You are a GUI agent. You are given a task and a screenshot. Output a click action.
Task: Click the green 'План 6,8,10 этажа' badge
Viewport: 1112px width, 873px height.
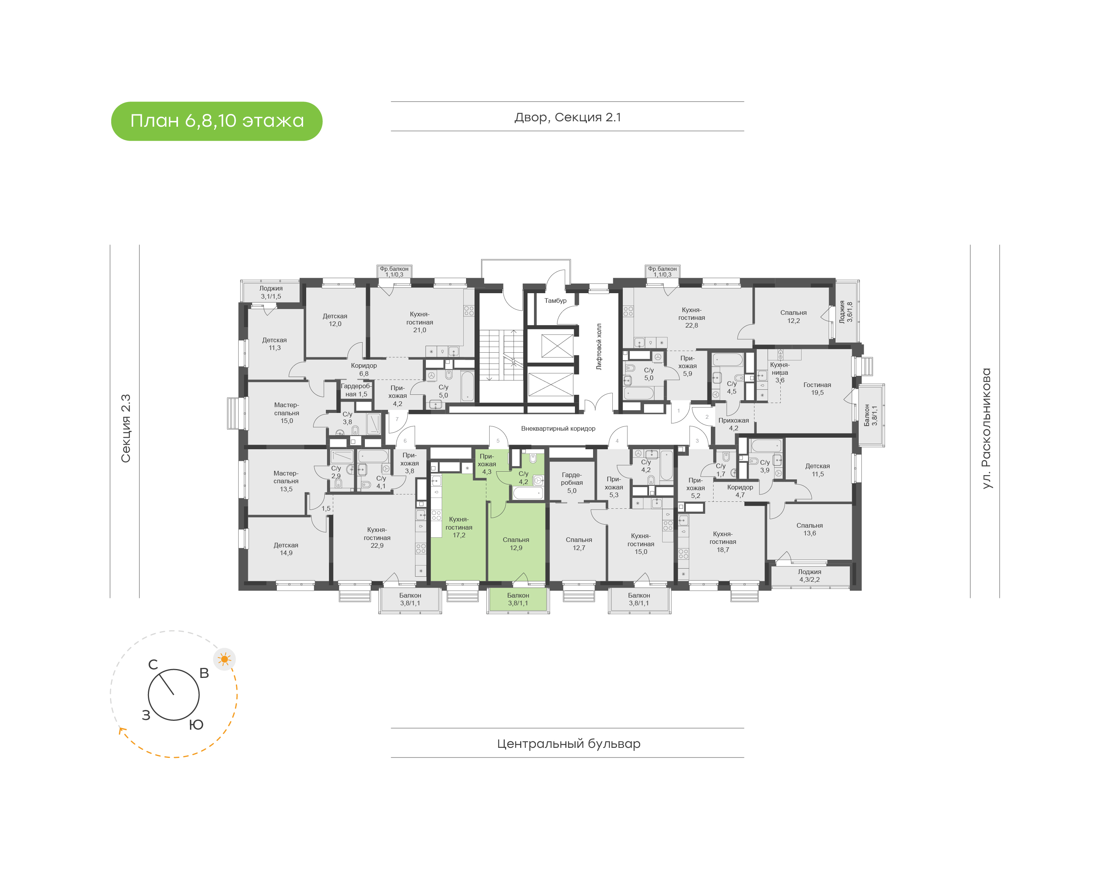tap(217, 121)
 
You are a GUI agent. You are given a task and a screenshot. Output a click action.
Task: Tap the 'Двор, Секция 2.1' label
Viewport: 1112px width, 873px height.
tap(568, 117)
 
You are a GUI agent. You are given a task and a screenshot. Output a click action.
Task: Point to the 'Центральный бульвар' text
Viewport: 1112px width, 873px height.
tap(568, 744)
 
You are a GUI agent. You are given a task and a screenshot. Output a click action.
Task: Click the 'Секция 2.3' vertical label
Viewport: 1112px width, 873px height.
tap(125, 428)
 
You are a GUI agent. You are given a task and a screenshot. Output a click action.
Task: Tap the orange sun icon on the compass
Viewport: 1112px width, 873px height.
tap(224, 659)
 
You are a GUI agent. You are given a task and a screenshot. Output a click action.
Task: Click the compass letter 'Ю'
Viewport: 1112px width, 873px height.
tap(196, 725)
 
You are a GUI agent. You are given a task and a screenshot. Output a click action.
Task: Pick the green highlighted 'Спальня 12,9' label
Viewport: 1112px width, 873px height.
tap(516, 544)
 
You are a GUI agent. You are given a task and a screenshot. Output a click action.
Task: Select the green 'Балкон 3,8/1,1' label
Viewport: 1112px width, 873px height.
tap(518, 599)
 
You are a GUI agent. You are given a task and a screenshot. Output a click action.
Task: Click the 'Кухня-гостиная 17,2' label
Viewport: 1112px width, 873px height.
tap(459, 527)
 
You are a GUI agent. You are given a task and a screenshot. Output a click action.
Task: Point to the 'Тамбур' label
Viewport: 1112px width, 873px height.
tap(555, 301)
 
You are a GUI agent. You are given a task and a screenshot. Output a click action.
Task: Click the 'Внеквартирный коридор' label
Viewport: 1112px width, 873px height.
tap(558, 428)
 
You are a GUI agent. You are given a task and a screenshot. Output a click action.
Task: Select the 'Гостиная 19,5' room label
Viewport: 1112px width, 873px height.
tap(817, 389)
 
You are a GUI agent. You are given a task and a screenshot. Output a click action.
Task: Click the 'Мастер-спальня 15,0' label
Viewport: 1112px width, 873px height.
tap(286, 413)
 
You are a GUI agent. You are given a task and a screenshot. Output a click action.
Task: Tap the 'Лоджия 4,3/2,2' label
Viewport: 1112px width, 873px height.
tap(810, 576)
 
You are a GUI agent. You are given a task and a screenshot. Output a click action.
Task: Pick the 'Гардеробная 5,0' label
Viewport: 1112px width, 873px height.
tap(571, 482)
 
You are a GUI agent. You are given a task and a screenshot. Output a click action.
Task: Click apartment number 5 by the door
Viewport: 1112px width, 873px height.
tap(498, 441)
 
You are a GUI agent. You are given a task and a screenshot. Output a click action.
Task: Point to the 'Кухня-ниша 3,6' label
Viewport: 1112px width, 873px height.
tap(780, 372)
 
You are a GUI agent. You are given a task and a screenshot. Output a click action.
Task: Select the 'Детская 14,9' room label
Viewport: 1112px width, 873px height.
tap(286, 549)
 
